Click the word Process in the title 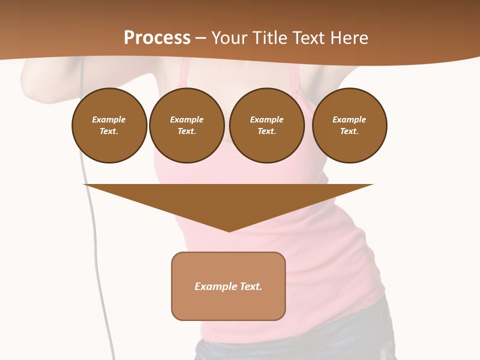157,37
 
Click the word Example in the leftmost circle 109,119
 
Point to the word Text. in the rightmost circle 349,131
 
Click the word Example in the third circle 266,119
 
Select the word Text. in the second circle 186,131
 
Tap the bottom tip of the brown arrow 228,230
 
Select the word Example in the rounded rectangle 216,286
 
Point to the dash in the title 201,38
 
